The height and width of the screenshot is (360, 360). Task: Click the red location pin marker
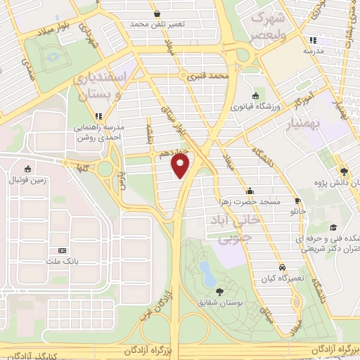click(x=181, y=166)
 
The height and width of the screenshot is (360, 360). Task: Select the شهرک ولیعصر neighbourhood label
click(x=270, y=27)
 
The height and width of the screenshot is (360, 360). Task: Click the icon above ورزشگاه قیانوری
click(x=255, y=96)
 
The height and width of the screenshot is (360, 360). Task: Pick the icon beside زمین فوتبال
click(x=27, y=169)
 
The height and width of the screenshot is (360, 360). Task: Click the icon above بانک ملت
click(x=62, y=250)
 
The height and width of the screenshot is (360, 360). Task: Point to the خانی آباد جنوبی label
click(x=235, y=230)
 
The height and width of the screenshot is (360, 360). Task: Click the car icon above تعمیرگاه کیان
click(x=282, y=267)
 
